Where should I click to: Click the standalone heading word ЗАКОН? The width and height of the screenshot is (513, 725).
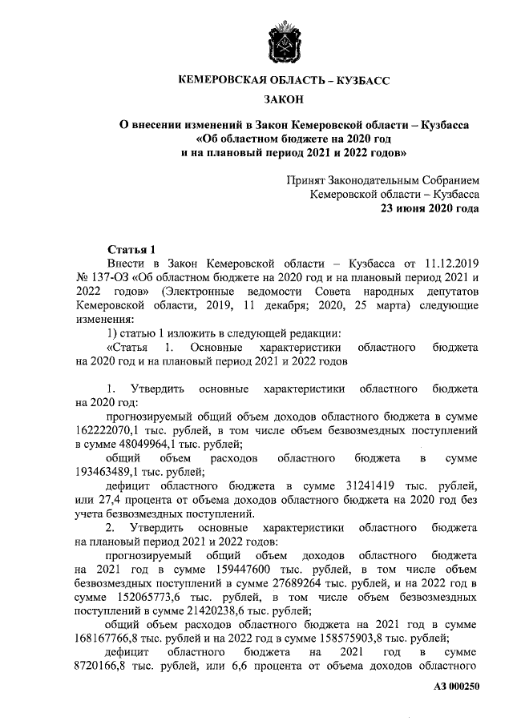[x=285, y=99]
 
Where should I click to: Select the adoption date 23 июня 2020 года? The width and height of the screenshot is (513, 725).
[x=430, y=209]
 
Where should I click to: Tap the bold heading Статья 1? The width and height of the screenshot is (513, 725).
[x=130, y=249]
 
